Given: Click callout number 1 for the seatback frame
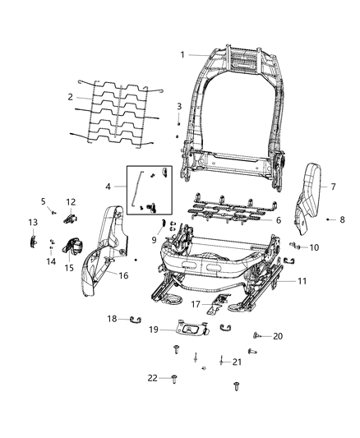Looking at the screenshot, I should (182, 55).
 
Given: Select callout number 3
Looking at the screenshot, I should (179, 107).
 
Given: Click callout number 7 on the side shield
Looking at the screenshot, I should (334, 187).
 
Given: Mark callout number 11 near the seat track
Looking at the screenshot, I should (302, 281).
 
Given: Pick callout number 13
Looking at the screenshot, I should (33, 223).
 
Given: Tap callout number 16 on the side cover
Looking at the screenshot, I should (123, 275).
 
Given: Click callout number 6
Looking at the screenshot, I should (278, 220).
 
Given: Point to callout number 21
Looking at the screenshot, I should (237, 362).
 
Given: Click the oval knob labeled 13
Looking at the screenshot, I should (33, 241).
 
